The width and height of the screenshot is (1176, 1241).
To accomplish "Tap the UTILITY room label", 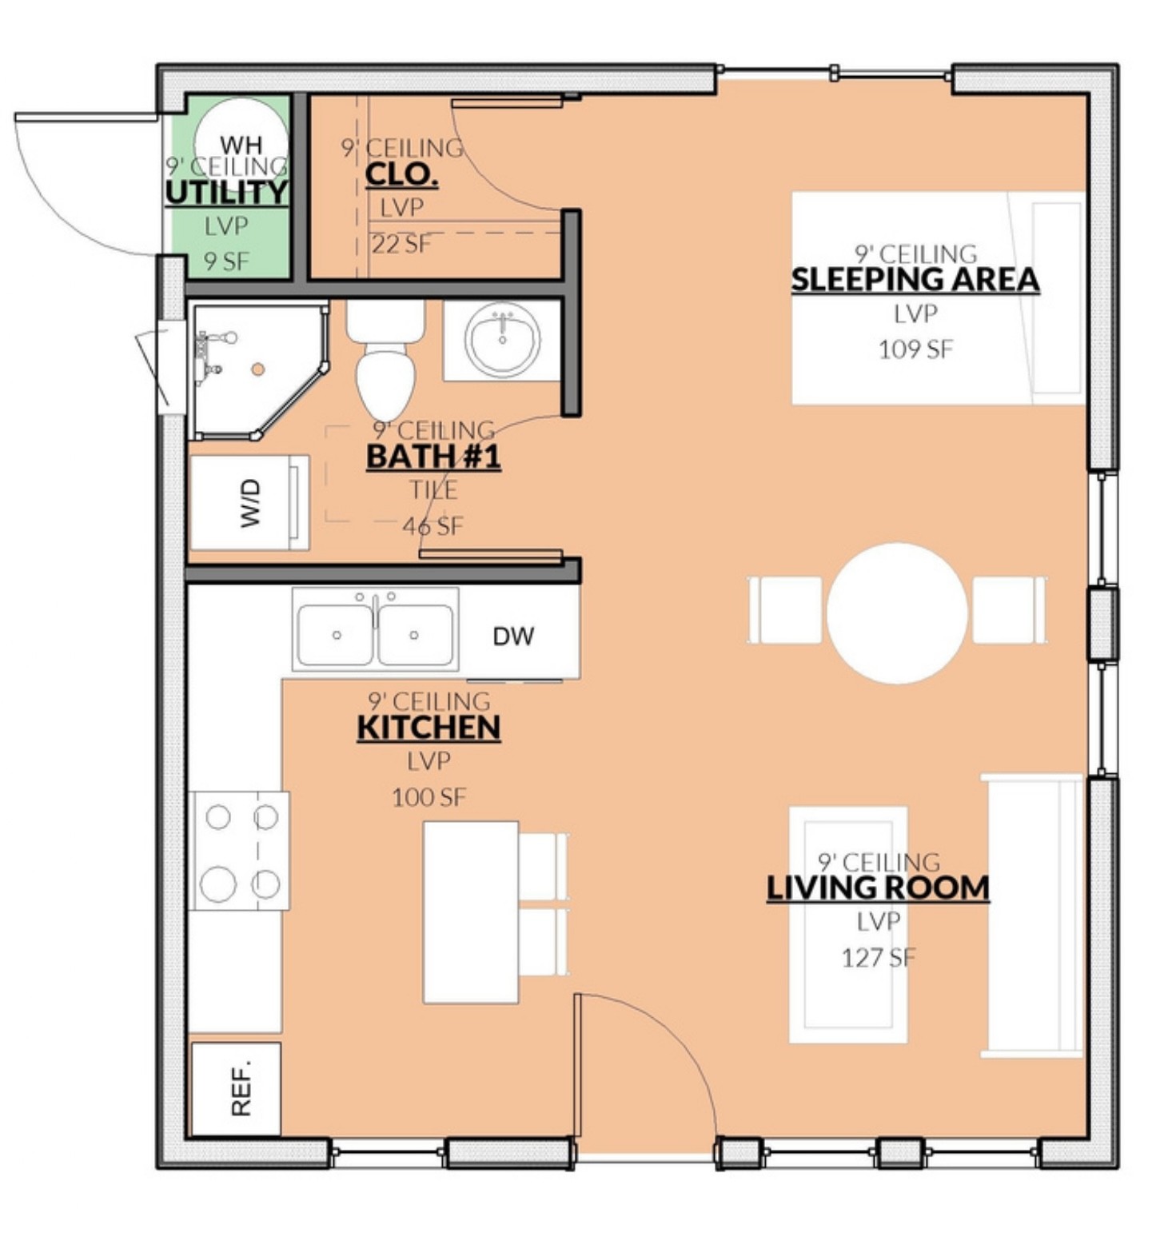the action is pyautogui.click(x=226, y=192).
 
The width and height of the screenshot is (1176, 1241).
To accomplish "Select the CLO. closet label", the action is pyautogui.click(x=401, y=174).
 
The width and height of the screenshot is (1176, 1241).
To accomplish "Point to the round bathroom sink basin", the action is pyautogui.click(x=502, y=339).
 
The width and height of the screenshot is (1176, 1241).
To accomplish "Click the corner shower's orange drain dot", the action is pyautogui.click(x=257, y=369).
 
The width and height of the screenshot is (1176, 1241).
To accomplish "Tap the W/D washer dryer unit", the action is pyautogui.click(x=249, y=502).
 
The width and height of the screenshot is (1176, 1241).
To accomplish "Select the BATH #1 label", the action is pyautogui.click(x=433, y=457).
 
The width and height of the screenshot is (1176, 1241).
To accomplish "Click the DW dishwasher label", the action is pyautogui.click(x=513, y=636).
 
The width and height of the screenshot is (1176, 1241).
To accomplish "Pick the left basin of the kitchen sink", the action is pyautogui.click(x=336, y=635).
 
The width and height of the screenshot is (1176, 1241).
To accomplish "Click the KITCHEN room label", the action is pyautogui.click(x=429, y=728).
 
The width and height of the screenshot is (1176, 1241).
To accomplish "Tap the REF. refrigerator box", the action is pyautogui.click(x=236, y=1088).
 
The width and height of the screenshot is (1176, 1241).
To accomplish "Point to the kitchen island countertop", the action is pyautogui.click(x=471, y=912).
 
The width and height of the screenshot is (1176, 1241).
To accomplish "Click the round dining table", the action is pyautogui.click(x=897, y=613).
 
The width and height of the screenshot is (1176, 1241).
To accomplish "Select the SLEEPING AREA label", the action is pyautogui.click(x=915, y=279).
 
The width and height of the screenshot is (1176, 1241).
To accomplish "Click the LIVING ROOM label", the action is pyautogui.click(x=878, y=888).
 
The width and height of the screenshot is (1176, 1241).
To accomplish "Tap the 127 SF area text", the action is pyautogui.click(x=878, y=957).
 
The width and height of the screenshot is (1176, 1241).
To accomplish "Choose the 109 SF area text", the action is pyautogui.click(x=915, y=349).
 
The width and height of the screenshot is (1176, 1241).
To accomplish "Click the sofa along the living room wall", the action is pyautogui.click(x=1032, y=916).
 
